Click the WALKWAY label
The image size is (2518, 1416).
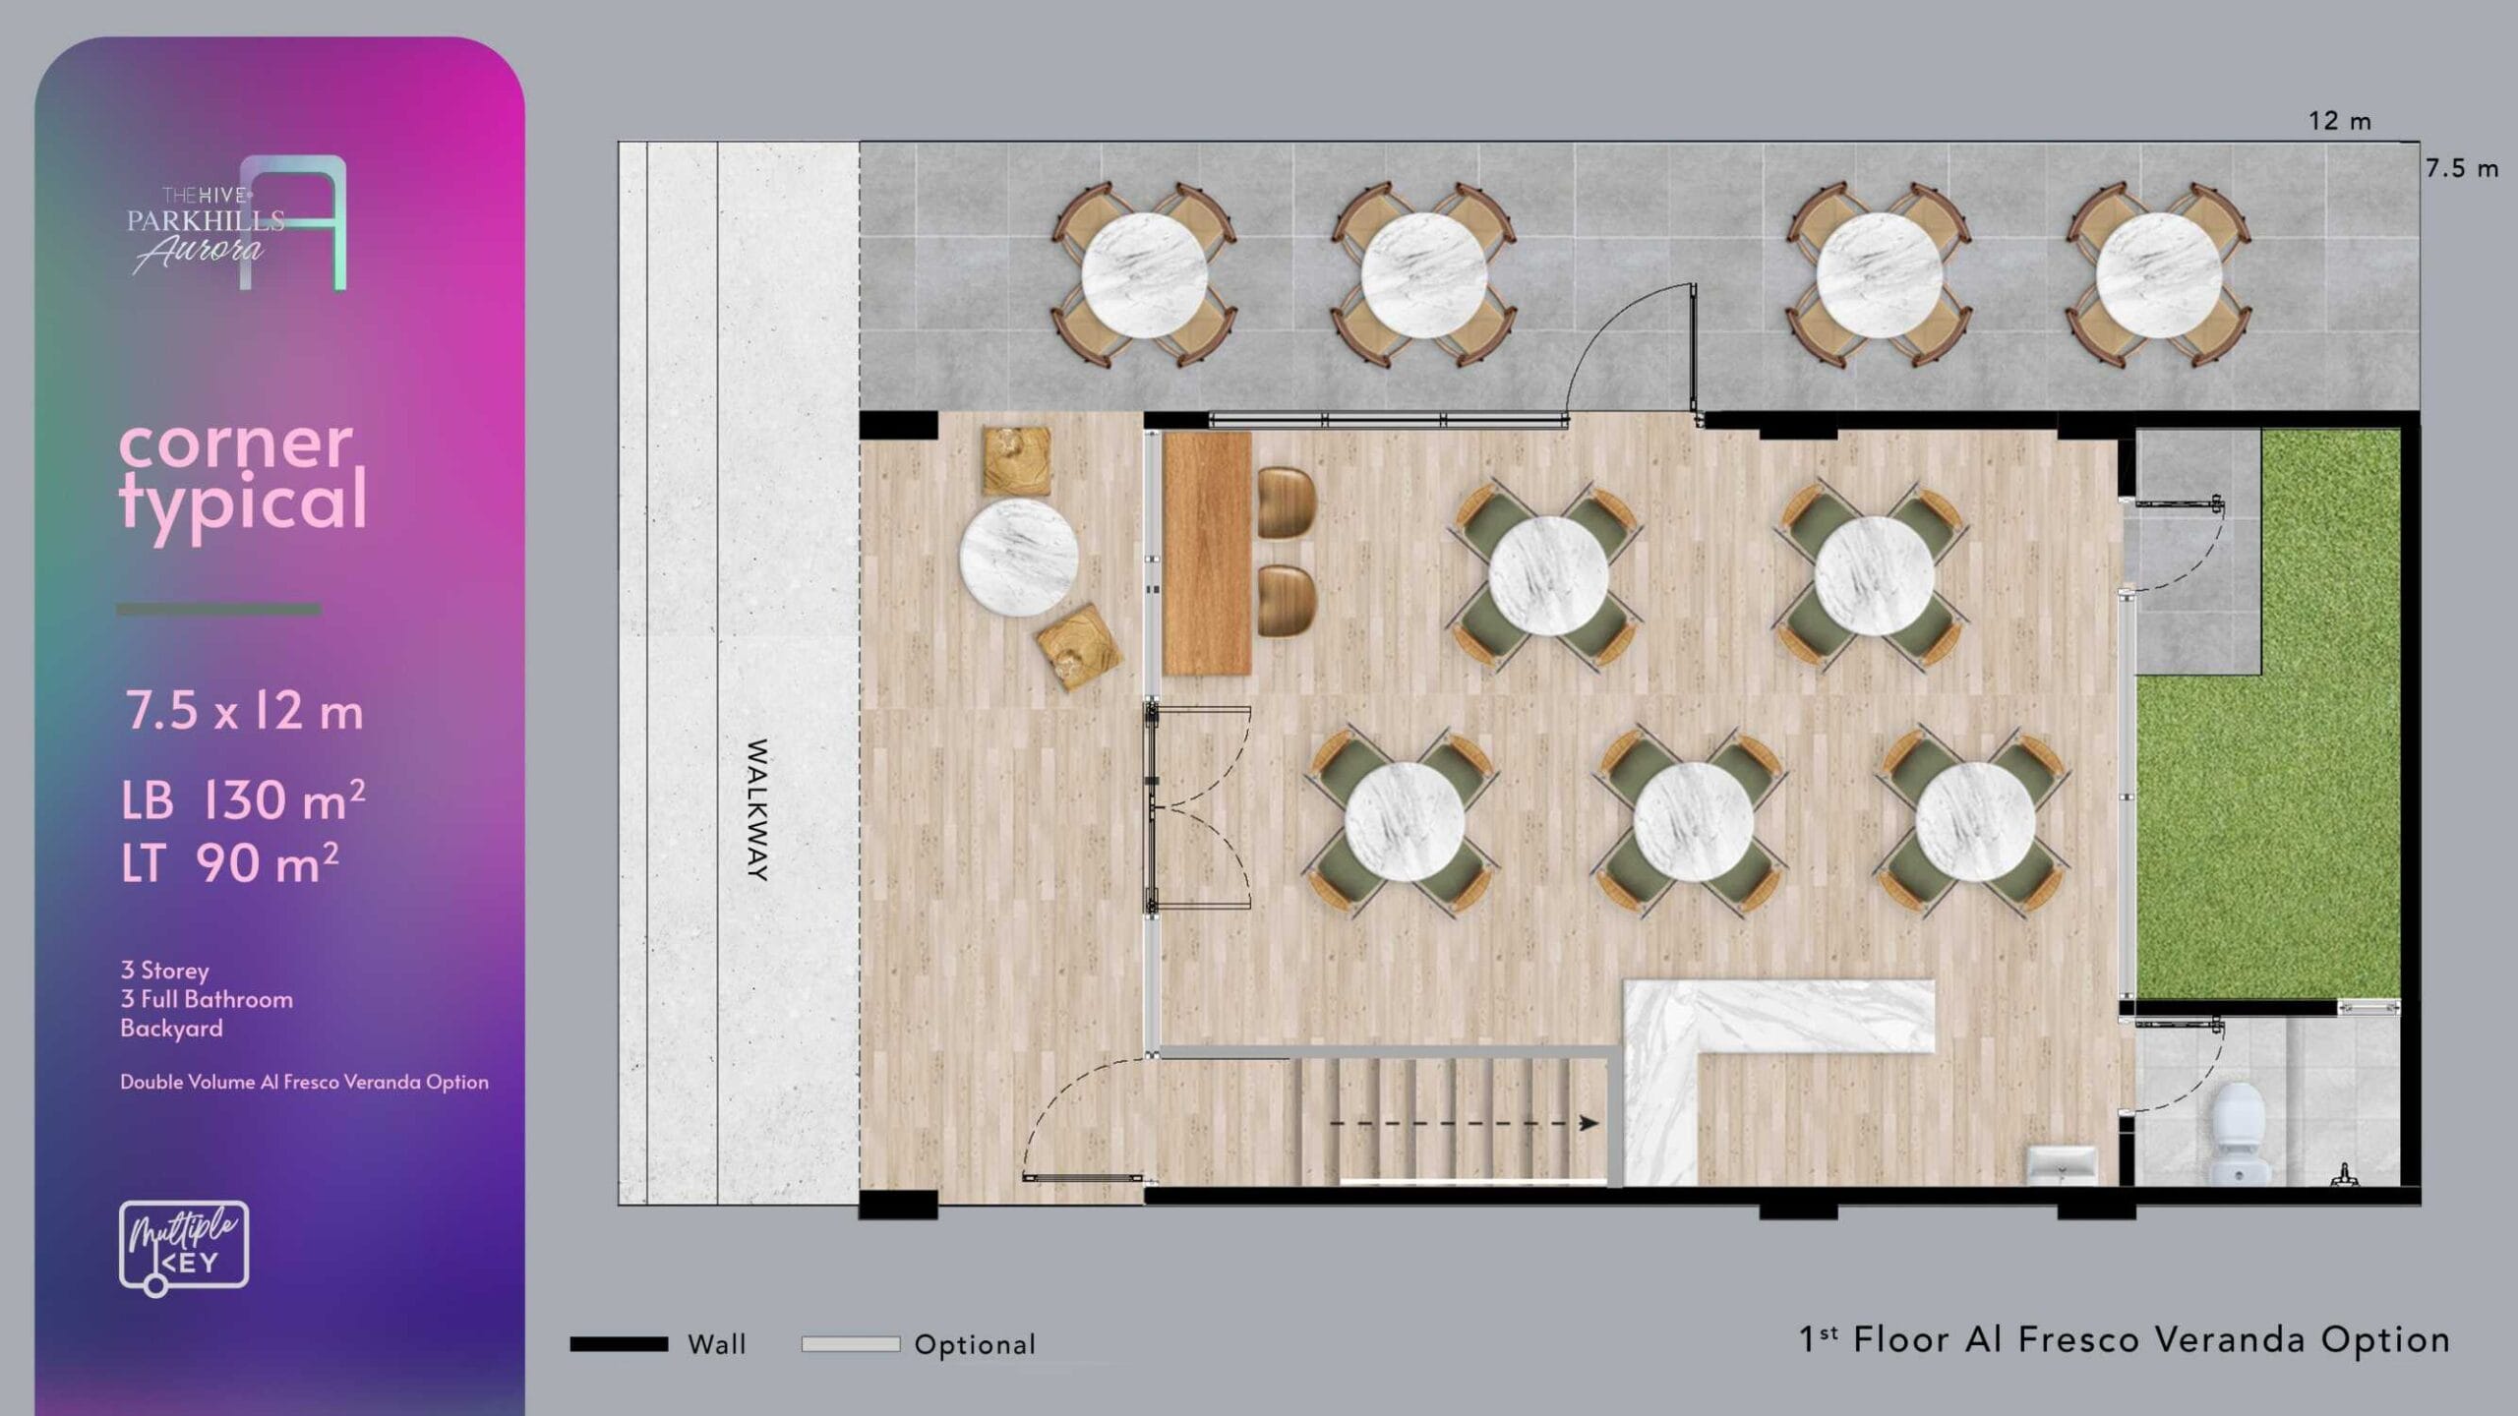[757, 809]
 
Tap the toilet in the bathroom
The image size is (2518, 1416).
[2238, 1131]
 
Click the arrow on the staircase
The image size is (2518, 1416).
[1464, 1122]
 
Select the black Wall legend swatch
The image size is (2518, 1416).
[619, 1344]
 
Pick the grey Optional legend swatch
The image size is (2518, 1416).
[851, 1344]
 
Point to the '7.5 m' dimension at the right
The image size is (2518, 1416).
[2461, 168]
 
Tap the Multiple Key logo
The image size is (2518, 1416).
[184, 1248]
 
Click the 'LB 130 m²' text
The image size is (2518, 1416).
[243, 800]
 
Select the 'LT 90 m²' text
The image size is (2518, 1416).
[230, 863]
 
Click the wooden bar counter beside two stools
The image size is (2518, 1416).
[1207, 554]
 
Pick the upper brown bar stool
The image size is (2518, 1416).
[1287, 502]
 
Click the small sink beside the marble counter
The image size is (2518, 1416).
[2063, 1165]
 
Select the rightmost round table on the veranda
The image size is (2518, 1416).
[2159, 275]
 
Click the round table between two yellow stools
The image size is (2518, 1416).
[1019, 558]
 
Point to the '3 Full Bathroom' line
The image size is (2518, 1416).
[207, 999]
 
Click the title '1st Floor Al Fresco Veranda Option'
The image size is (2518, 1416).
[2125, 1340]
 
